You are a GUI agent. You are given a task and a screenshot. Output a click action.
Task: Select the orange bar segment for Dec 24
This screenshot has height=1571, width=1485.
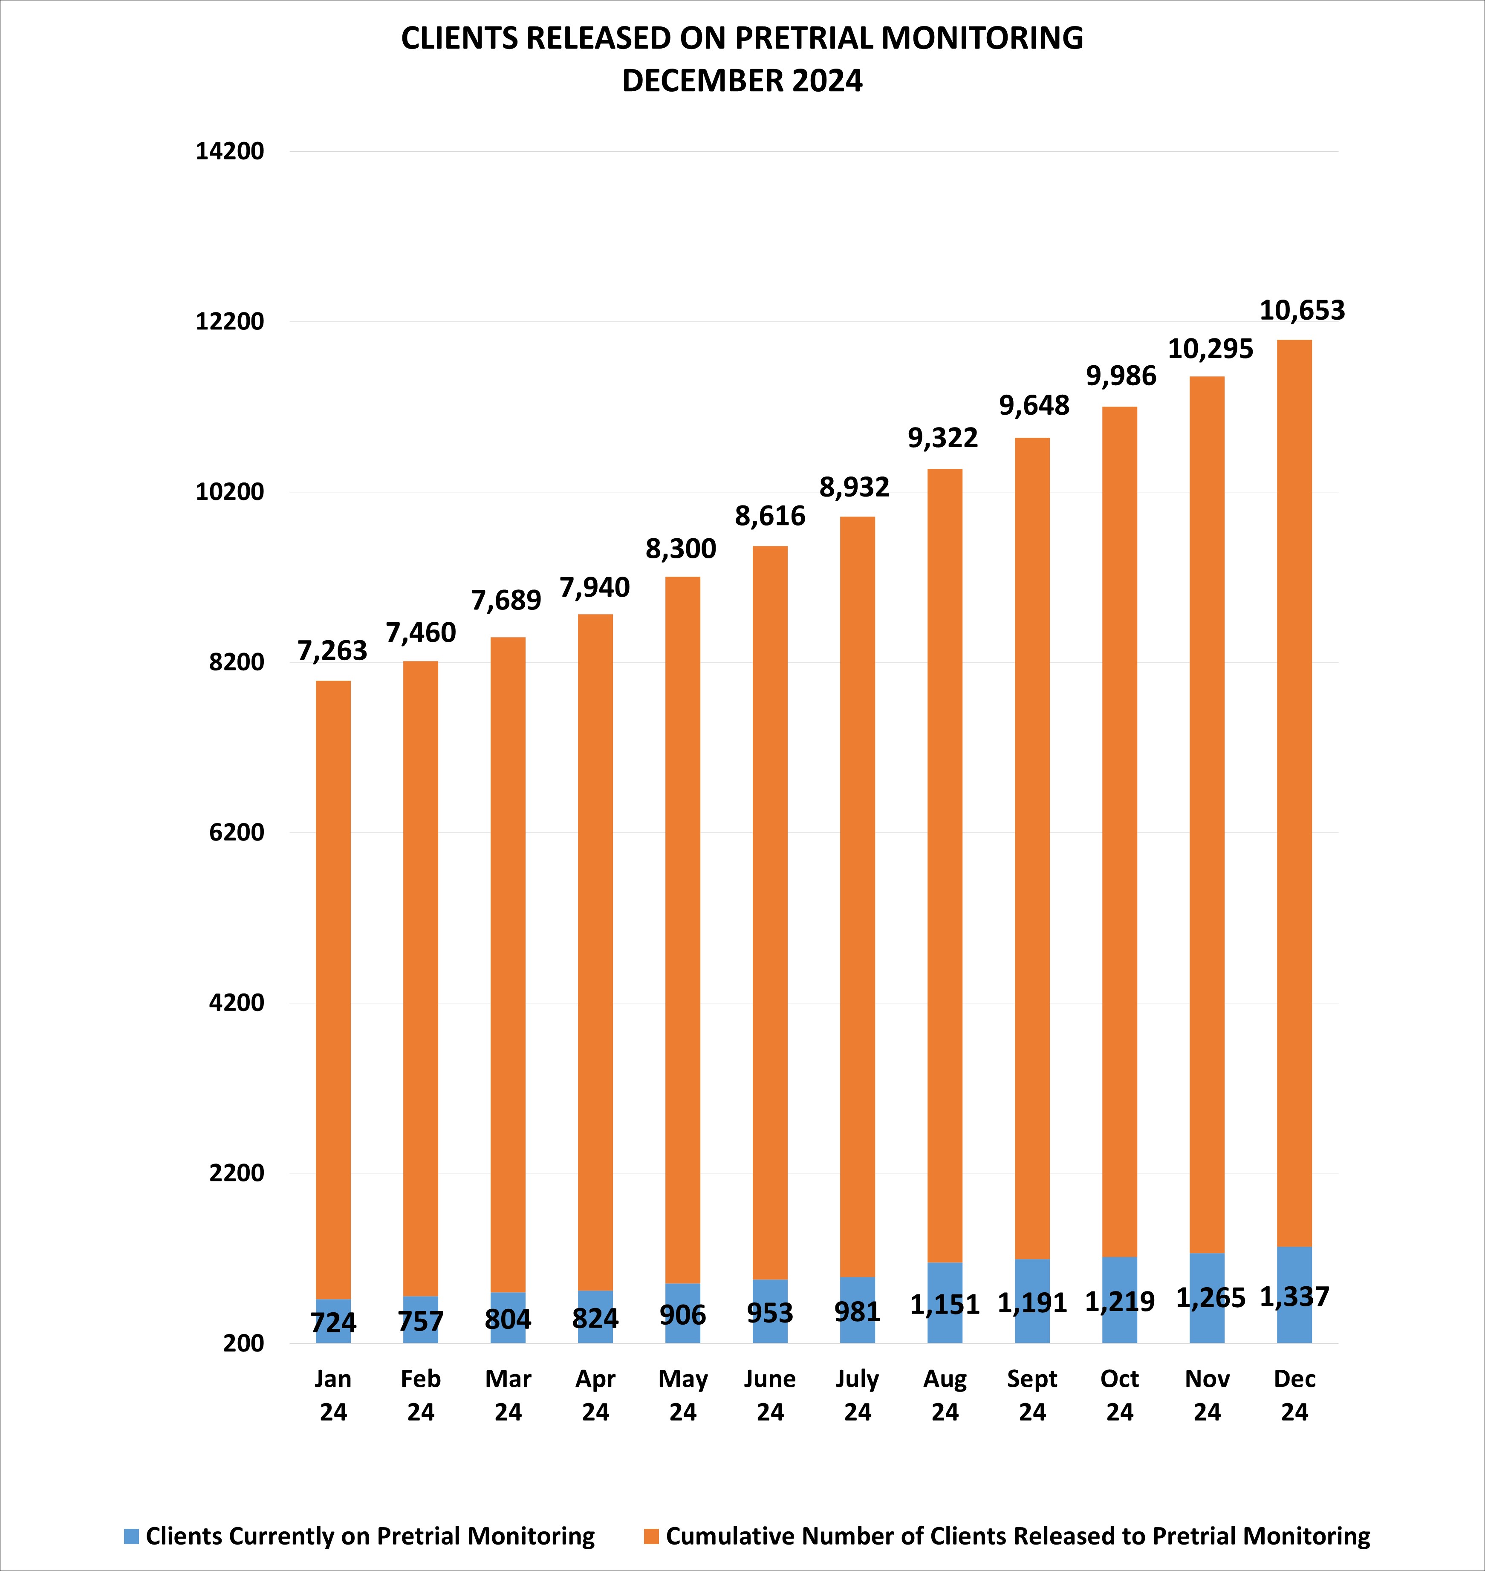pos(1294,791)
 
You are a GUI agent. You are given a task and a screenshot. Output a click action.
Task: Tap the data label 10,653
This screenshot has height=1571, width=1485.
pos(1302,310)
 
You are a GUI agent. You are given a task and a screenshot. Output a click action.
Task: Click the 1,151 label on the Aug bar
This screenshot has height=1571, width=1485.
pos(945,1304)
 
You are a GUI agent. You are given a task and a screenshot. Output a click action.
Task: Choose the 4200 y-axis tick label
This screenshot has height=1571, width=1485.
pos(236,1003)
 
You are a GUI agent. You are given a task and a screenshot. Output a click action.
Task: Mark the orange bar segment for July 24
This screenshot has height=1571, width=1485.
pos(857,894)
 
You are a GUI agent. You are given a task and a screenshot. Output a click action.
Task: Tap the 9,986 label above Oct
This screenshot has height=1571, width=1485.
pos(1121,376)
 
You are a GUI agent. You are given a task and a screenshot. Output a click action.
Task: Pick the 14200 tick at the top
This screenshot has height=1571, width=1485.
pos(230,151)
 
